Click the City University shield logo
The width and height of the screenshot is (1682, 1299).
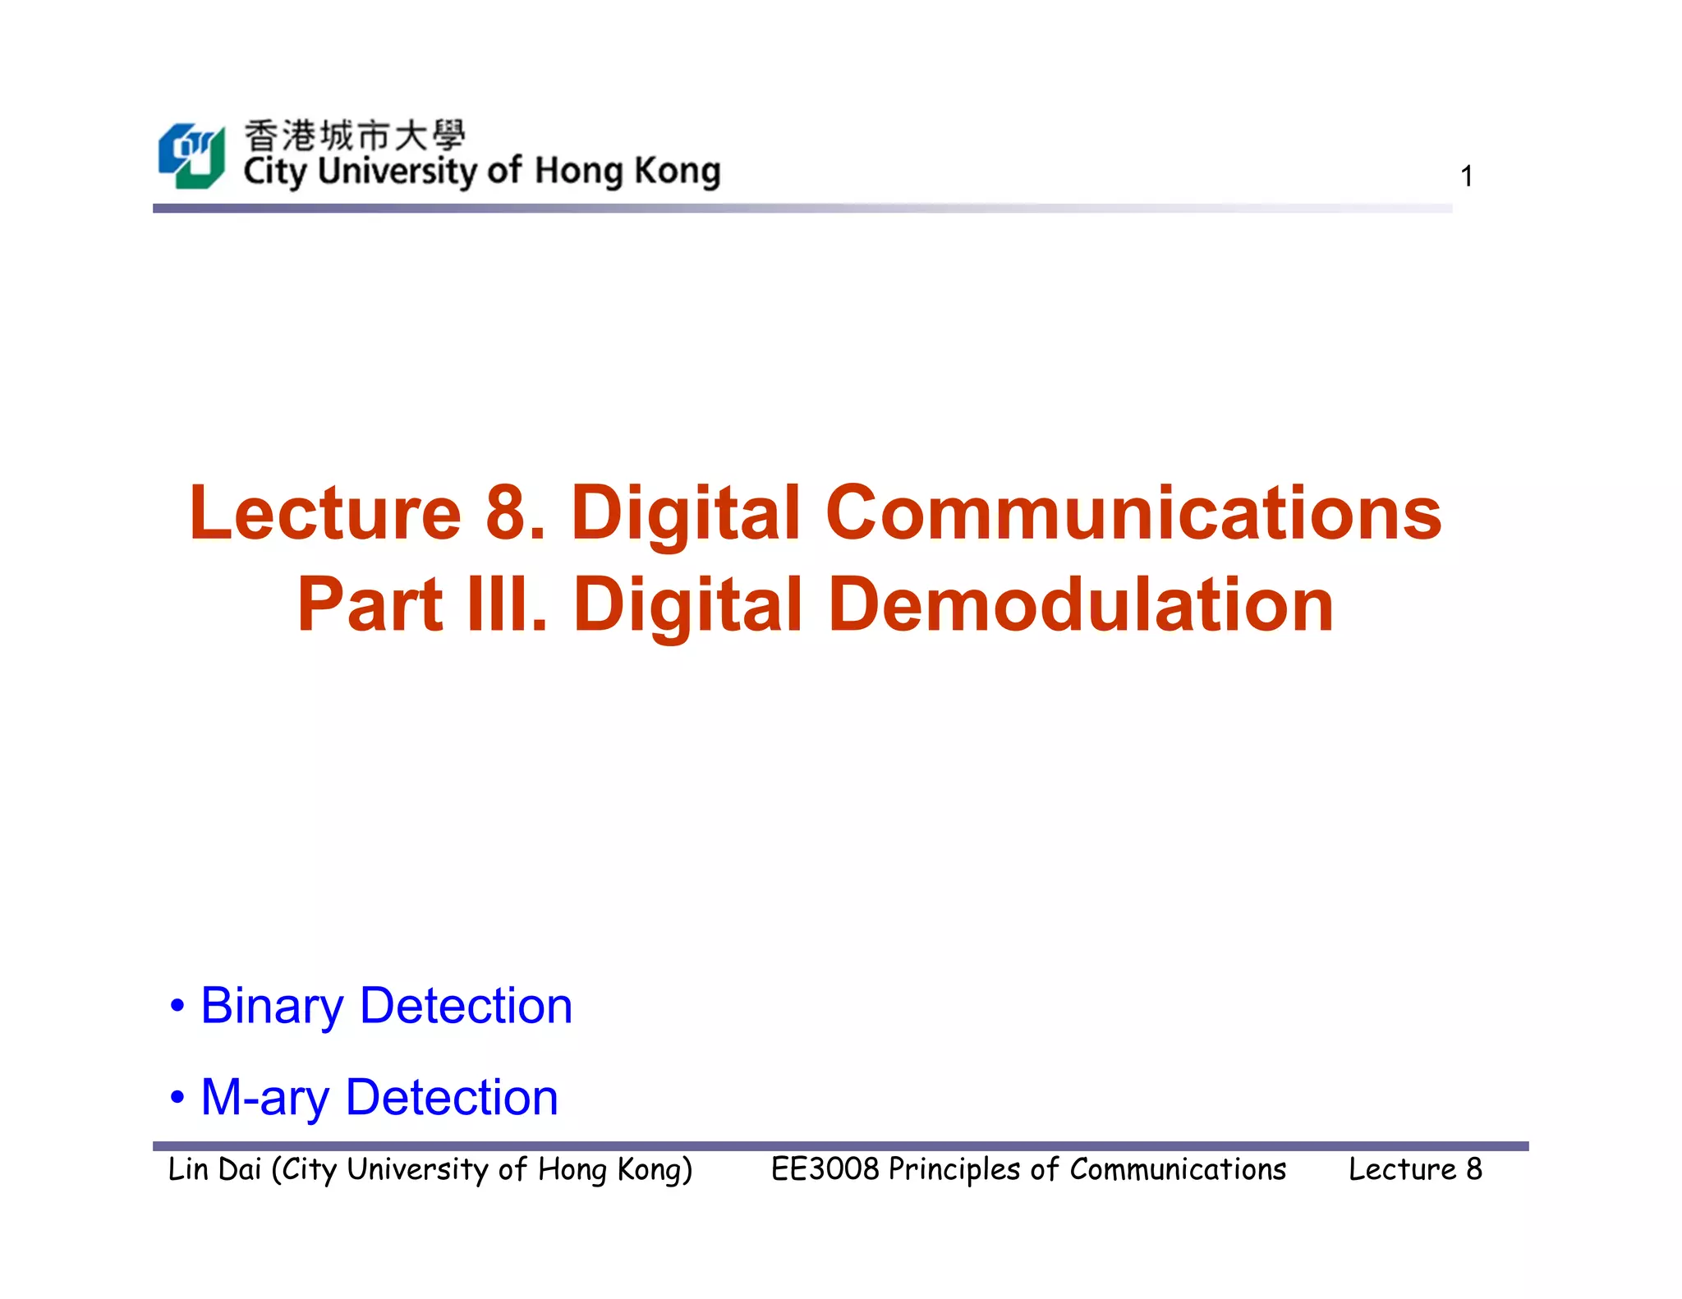191,156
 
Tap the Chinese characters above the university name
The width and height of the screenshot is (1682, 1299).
354,135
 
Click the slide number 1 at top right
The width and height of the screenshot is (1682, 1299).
1466,177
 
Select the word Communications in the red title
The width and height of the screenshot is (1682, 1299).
1133,513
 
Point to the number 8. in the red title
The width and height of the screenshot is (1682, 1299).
515,513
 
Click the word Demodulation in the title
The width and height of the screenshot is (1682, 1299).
1081,605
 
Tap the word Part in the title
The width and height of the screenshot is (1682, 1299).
370,605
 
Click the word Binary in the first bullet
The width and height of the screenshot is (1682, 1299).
272,1007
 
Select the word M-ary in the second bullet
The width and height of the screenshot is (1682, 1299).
264,1098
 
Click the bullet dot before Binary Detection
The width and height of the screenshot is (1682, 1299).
177,1007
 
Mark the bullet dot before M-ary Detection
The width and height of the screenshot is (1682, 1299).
177,1098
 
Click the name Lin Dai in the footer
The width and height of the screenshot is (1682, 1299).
214,1169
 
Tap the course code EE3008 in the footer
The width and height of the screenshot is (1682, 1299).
825,1169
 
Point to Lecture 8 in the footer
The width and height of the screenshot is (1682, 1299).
1415,1169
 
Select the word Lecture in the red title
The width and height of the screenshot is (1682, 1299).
325,513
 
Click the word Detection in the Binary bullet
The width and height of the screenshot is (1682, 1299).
466,1007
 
